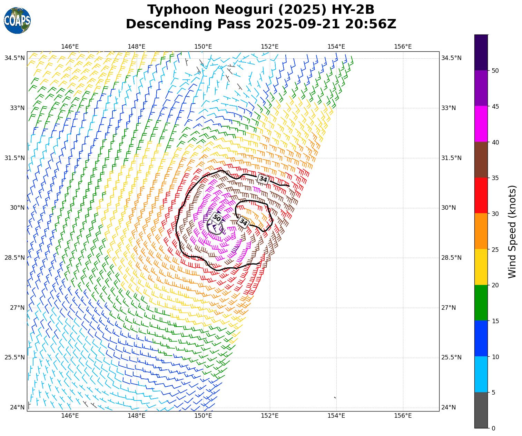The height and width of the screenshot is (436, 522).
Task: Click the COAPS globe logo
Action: pos(17,20)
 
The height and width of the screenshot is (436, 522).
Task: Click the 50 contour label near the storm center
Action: pos(217,218)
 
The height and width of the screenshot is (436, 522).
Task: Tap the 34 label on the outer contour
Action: pos(263,179)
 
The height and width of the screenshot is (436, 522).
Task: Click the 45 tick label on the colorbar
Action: pos(495,106)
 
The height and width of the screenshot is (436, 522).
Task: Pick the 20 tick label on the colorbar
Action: pos(495,285)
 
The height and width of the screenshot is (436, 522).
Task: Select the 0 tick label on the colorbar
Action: pos(493,428)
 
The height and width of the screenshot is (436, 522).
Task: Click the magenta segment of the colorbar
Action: pos(481,124)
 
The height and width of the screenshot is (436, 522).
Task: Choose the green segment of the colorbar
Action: pos(481,303)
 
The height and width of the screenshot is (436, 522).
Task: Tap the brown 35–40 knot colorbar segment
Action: pos(481,160)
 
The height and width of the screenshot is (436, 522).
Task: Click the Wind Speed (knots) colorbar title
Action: pos(513,231)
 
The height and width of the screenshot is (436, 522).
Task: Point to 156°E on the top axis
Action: pos(403,47)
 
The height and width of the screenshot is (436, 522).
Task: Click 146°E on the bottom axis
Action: pos(70,416)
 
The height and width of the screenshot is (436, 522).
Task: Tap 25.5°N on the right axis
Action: pos(451,357)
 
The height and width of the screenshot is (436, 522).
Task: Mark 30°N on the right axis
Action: pos(449,208)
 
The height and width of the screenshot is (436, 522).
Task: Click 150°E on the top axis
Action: pos(203,47)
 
